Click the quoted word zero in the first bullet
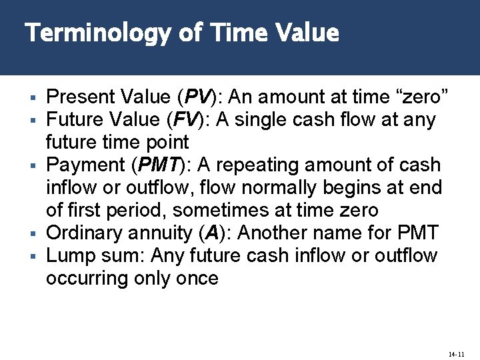(425, 97)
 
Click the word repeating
(267, 165)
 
